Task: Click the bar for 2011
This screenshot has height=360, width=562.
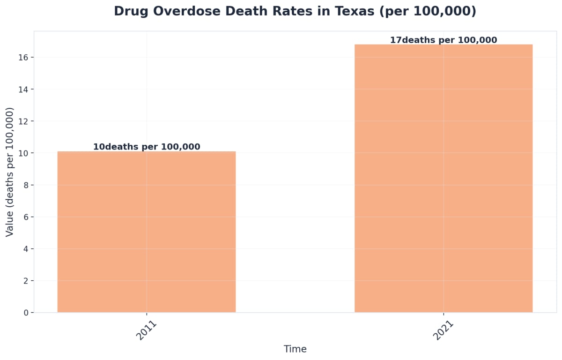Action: click(146, 232)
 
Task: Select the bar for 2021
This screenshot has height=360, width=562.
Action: click(443, 179)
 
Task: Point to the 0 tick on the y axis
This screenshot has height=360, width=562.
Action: click(25, 313)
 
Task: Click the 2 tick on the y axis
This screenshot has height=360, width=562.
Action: click(25, 281)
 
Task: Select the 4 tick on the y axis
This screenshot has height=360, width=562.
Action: click(25, 249)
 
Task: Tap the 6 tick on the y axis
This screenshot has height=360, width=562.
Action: click(25, 217)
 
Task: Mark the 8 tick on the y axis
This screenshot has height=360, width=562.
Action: click(25, 185)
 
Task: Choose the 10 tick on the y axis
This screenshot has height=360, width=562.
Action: click(23, 153)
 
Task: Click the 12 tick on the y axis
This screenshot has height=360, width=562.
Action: click(23, 121)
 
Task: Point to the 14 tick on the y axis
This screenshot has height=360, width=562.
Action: click(23, 90)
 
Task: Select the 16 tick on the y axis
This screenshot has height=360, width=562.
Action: click(23, 58)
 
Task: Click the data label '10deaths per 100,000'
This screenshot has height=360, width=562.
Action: click(147, 147)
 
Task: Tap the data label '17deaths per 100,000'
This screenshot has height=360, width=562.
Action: click(444, 40)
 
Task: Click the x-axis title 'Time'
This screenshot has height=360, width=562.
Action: click(295, 349)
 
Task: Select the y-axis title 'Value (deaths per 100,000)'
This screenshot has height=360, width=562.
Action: click(10, 172)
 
